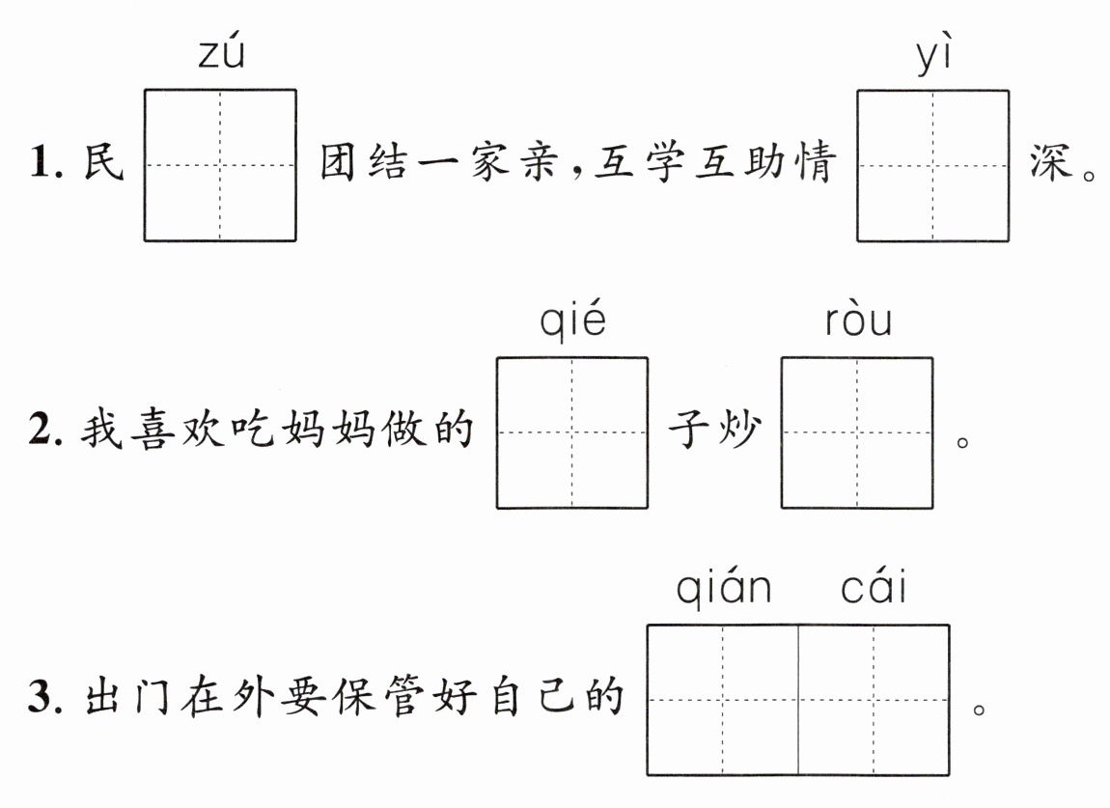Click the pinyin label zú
point(221,55)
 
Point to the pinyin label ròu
point(858,321)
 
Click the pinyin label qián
point(723,587)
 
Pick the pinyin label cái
point(874,586)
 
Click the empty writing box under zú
point(220,165)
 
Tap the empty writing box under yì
point(932,165)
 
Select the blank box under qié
point(572,432)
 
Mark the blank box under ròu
point(857,432)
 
